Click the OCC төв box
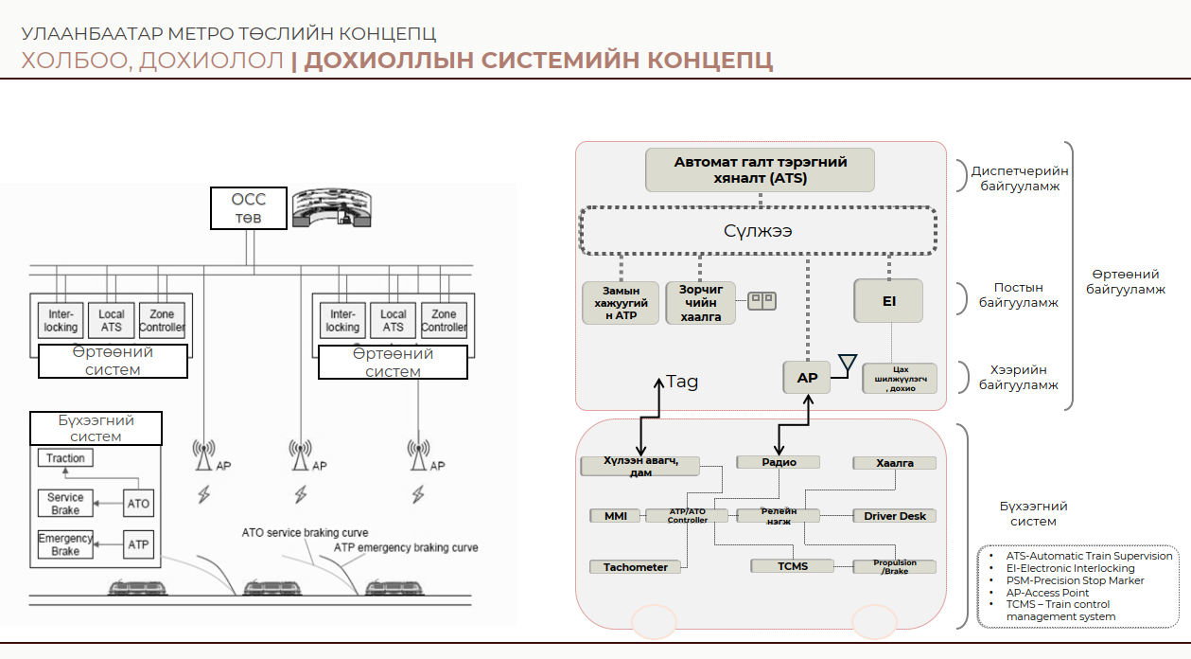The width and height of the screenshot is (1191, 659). (x=249, y=208)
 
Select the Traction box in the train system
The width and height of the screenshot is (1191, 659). (x=66, y=458)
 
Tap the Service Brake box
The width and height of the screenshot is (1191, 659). (x=66, y=504)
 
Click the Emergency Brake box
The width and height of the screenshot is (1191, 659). (x=66, y=544)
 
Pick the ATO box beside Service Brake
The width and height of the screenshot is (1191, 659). (x=138, y=504)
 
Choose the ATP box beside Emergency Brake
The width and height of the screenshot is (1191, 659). (x=138, y=544)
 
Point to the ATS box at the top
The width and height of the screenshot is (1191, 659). (x=761, y=169)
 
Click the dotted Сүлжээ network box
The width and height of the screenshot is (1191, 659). (x=758, y=231)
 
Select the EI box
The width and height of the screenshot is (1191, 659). (x=888, y=301)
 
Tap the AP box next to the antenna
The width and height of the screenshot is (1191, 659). (x=807, y=378)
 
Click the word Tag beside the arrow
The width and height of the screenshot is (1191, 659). (x=682, y=382)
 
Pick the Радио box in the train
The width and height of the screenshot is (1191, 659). (x=779, y=462)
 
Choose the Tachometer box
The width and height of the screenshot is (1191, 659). (x=636, y=567)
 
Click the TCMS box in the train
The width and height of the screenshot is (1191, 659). (x=793, y=566)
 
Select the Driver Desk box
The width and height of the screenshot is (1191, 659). (x=895, y=516)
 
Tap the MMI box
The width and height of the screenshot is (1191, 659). (x=616, y=516)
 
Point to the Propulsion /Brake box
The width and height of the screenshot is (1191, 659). (x=894, y=567)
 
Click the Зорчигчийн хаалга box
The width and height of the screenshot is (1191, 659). (x=701, y=303)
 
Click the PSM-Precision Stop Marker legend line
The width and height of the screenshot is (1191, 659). (x=1075, y=580)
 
